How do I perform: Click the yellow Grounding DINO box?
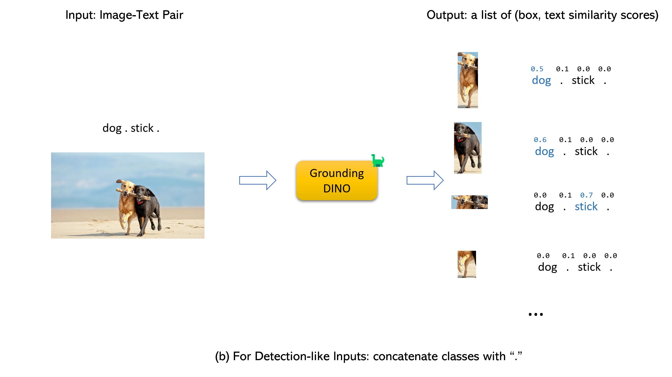336,180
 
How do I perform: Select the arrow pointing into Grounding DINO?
258,180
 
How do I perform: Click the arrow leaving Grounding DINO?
425,180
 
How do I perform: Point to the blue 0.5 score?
537,69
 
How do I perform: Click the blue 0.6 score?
540,140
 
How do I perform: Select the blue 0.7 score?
586,195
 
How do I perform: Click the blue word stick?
586,207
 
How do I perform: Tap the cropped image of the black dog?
467,147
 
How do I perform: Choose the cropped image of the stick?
469,202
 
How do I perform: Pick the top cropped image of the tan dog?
467,80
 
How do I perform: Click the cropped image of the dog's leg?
466,264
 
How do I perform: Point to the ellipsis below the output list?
535,314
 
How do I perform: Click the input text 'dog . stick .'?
131,128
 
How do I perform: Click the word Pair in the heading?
173,15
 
